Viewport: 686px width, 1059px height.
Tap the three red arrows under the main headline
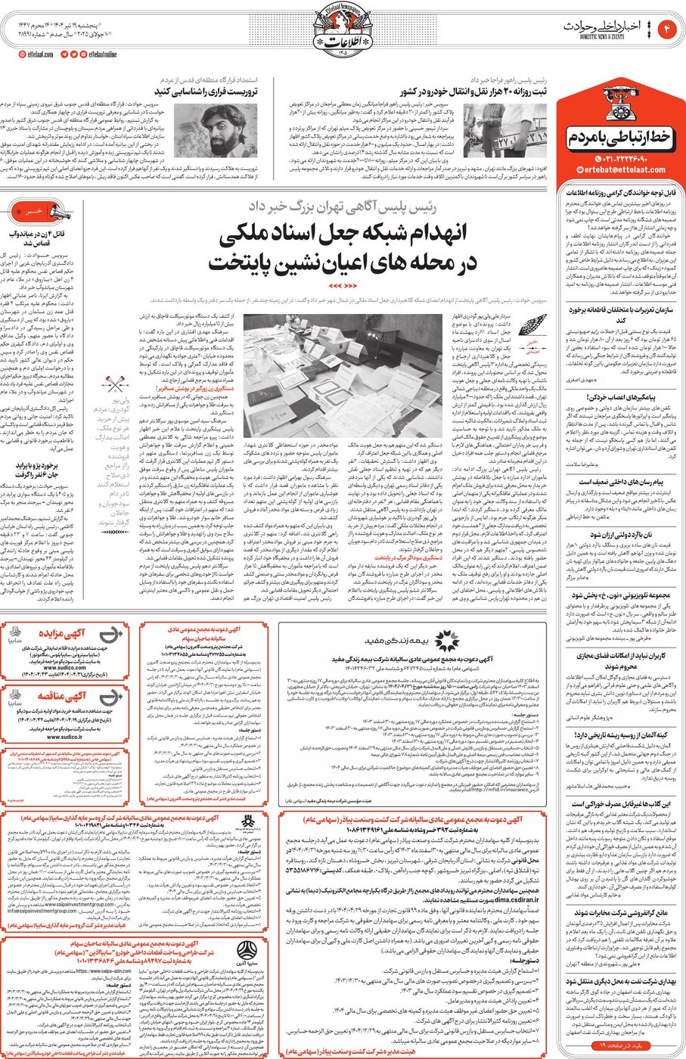tap(342, 285)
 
